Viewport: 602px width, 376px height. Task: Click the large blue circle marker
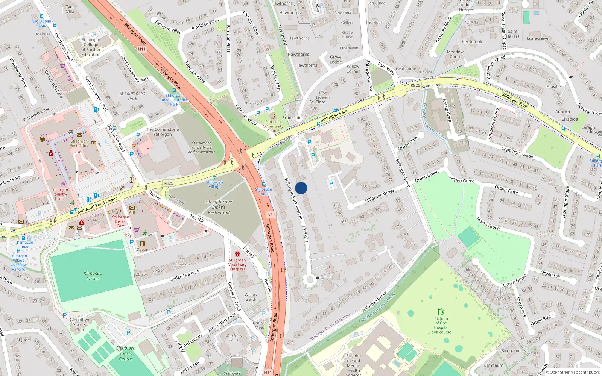(x=301, y=188)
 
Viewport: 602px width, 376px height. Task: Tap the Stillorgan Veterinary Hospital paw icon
(x=237, y=255)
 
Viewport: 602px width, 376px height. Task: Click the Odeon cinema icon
(x=142, y=244)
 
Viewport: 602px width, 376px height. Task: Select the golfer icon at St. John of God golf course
(x=441, y=312)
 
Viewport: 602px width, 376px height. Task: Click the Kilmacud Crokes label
(x=93, y=276)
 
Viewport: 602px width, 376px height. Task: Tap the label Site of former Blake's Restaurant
(x=219, y=207)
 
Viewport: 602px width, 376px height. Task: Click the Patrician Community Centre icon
(x=273, y=117)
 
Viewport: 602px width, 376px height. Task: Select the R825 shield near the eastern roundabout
(x=415, y=85)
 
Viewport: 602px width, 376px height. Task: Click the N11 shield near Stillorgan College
(x=142, y=49)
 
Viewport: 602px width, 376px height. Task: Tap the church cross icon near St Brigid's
(x=237, y=362)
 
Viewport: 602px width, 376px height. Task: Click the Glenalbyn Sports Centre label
(x=126, y=353)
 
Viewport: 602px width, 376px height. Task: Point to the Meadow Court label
(x=455, y=55)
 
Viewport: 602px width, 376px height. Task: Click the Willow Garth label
(x=251, y=297)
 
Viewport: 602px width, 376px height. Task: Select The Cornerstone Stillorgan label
(x=163, y=132)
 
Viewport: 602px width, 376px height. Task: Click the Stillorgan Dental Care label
(x=121, y=221)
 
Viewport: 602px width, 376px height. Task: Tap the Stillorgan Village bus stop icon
(x=214, y=177)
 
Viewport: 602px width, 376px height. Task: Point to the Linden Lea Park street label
(x=184, y=276)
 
